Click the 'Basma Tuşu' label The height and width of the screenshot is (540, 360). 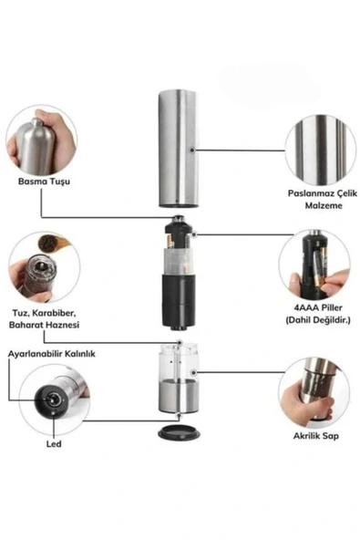(x=44, y=182)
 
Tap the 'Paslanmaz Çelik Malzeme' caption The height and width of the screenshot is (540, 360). (x=323, y=199)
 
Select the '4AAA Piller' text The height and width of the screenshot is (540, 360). (x=318, y=307)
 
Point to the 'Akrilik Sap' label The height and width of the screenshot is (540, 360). (x=316, y=436)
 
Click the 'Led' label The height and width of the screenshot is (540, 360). (x=54, y=444)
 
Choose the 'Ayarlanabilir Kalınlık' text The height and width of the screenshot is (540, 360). (x=52, y=354)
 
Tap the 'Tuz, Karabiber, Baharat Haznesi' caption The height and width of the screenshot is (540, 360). (x=44, y=319)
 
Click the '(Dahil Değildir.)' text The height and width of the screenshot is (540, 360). (x=318, y=320)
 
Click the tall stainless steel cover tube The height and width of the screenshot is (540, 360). (x=179, y=149)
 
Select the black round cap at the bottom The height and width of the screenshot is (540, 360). (x=179, y=432)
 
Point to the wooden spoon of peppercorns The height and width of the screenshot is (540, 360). (x=52, y=244)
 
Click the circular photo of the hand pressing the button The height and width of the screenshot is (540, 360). (x=41, y=140)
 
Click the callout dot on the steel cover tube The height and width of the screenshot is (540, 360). (x=192, y=151)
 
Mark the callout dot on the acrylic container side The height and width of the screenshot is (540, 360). (x=194, y=373)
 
